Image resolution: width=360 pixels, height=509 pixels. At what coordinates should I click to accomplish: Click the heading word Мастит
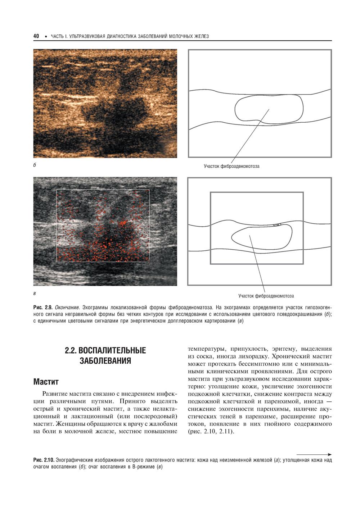(46, 381)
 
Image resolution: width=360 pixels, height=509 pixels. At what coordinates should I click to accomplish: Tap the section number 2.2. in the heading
(71, 351)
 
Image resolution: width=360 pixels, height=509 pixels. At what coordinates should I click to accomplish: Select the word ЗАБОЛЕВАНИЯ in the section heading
(105, 361)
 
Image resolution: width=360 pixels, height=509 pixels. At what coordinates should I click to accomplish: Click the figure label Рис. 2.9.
(43, 308)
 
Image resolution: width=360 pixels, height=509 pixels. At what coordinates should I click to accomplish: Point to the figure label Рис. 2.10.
(44, 460)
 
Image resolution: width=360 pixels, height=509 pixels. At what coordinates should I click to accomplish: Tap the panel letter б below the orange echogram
(34, 166)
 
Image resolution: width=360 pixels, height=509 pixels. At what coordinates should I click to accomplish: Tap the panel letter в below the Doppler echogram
(34, 293)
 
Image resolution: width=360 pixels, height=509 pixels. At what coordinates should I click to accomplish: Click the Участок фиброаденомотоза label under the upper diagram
(231, 167)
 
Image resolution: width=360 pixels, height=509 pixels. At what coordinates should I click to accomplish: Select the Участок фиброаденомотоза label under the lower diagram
(266, 296)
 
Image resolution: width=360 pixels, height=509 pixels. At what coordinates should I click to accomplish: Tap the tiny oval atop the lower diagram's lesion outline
(276, 225)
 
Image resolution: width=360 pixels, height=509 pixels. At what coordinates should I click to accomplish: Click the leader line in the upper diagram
(250, 137)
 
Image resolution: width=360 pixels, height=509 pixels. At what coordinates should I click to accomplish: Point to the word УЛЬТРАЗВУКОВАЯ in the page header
(87, 36)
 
